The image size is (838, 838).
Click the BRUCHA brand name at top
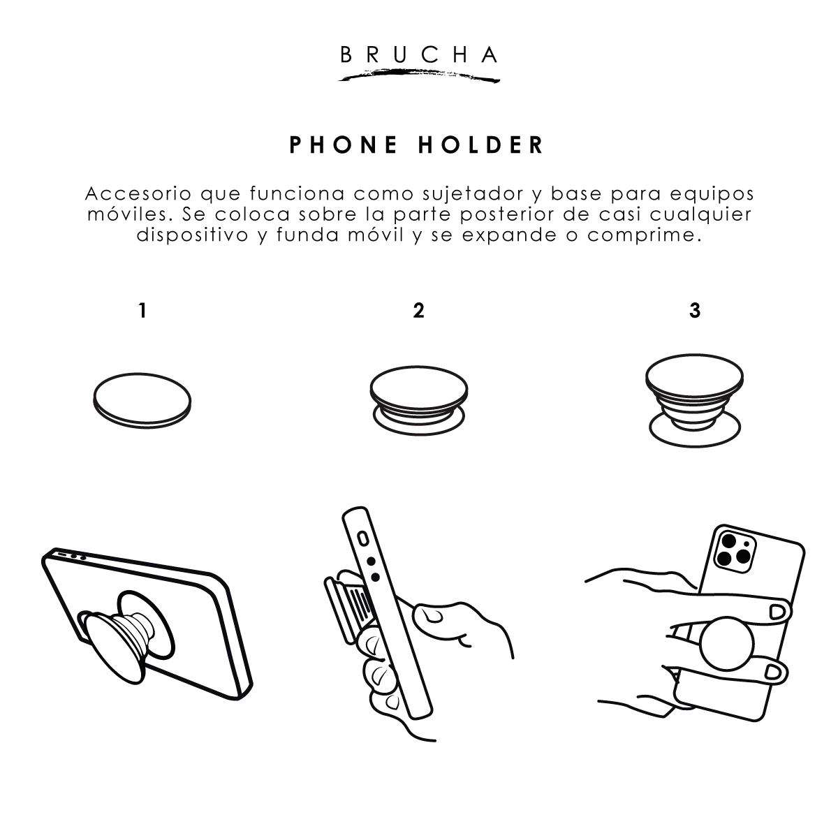(x=419, y=54)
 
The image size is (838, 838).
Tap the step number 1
(x=142, y=311)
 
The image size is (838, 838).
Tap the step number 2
(x=418, y=311)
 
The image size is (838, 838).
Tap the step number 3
(x=694, y=311)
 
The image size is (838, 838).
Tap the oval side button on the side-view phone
(x=362, y=539)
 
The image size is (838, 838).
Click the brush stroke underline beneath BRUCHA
(x=419, y=75)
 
